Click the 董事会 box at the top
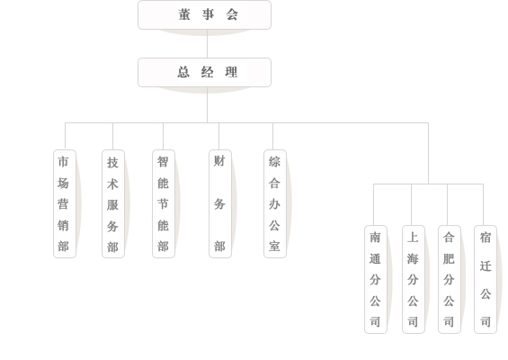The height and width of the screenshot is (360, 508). [x=204, y=15]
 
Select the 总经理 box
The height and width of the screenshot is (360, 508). [x=204, y=72]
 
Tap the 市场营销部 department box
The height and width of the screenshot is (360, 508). [x=65, y=203]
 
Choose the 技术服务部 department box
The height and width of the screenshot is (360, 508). [x=113, y=203]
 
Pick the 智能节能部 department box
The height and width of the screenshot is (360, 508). [x=164, y=203]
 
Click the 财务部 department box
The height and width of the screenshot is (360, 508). [x=220, y=203]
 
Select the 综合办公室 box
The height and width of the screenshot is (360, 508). [x=275, y=203]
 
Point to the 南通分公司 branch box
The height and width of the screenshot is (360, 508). [x=376, y=279]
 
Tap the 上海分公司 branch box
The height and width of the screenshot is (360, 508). [x=414, y=279]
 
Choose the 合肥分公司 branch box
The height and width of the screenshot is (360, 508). [x=450, y=279]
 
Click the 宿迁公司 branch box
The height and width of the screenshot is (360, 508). [x=486, y=279]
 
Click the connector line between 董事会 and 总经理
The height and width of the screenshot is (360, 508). [x=207, y=44]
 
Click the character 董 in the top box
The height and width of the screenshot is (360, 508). [x=184, y=14]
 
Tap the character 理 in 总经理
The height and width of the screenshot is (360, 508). [x=231, y=72]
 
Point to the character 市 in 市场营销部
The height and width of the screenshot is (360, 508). [x=63, y=161]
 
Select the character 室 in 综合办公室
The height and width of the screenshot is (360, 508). [x=274, y=247]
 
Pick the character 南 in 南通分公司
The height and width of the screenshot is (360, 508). [x=375, y=238]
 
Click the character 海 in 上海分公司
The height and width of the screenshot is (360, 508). [x=413, y=259]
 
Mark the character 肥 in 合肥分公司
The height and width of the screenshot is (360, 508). [x=449, y=259]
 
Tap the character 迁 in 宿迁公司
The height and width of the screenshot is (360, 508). [x=486, y=265]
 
